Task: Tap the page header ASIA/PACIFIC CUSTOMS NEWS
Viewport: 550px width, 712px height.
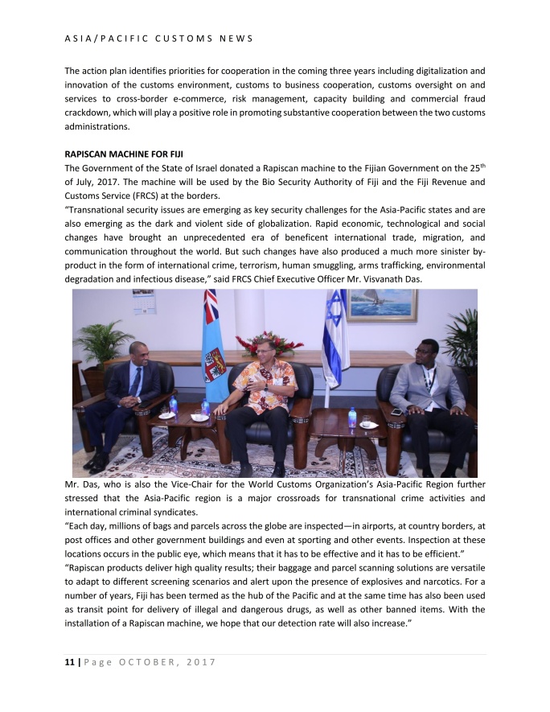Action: pyautogui.click(x=158, y=38)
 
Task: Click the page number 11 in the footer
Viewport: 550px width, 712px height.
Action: pyautogui.click(x=68, y=662)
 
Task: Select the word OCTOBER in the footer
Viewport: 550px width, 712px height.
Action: pyautogui.click(x=144, y=662)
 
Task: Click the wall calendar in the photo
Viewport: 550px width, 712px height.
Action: pyautogui.click(x=144, y=302)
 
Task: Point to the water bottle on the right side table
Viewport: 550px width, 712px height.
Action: pyautogui.click(x=351, y=417)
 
